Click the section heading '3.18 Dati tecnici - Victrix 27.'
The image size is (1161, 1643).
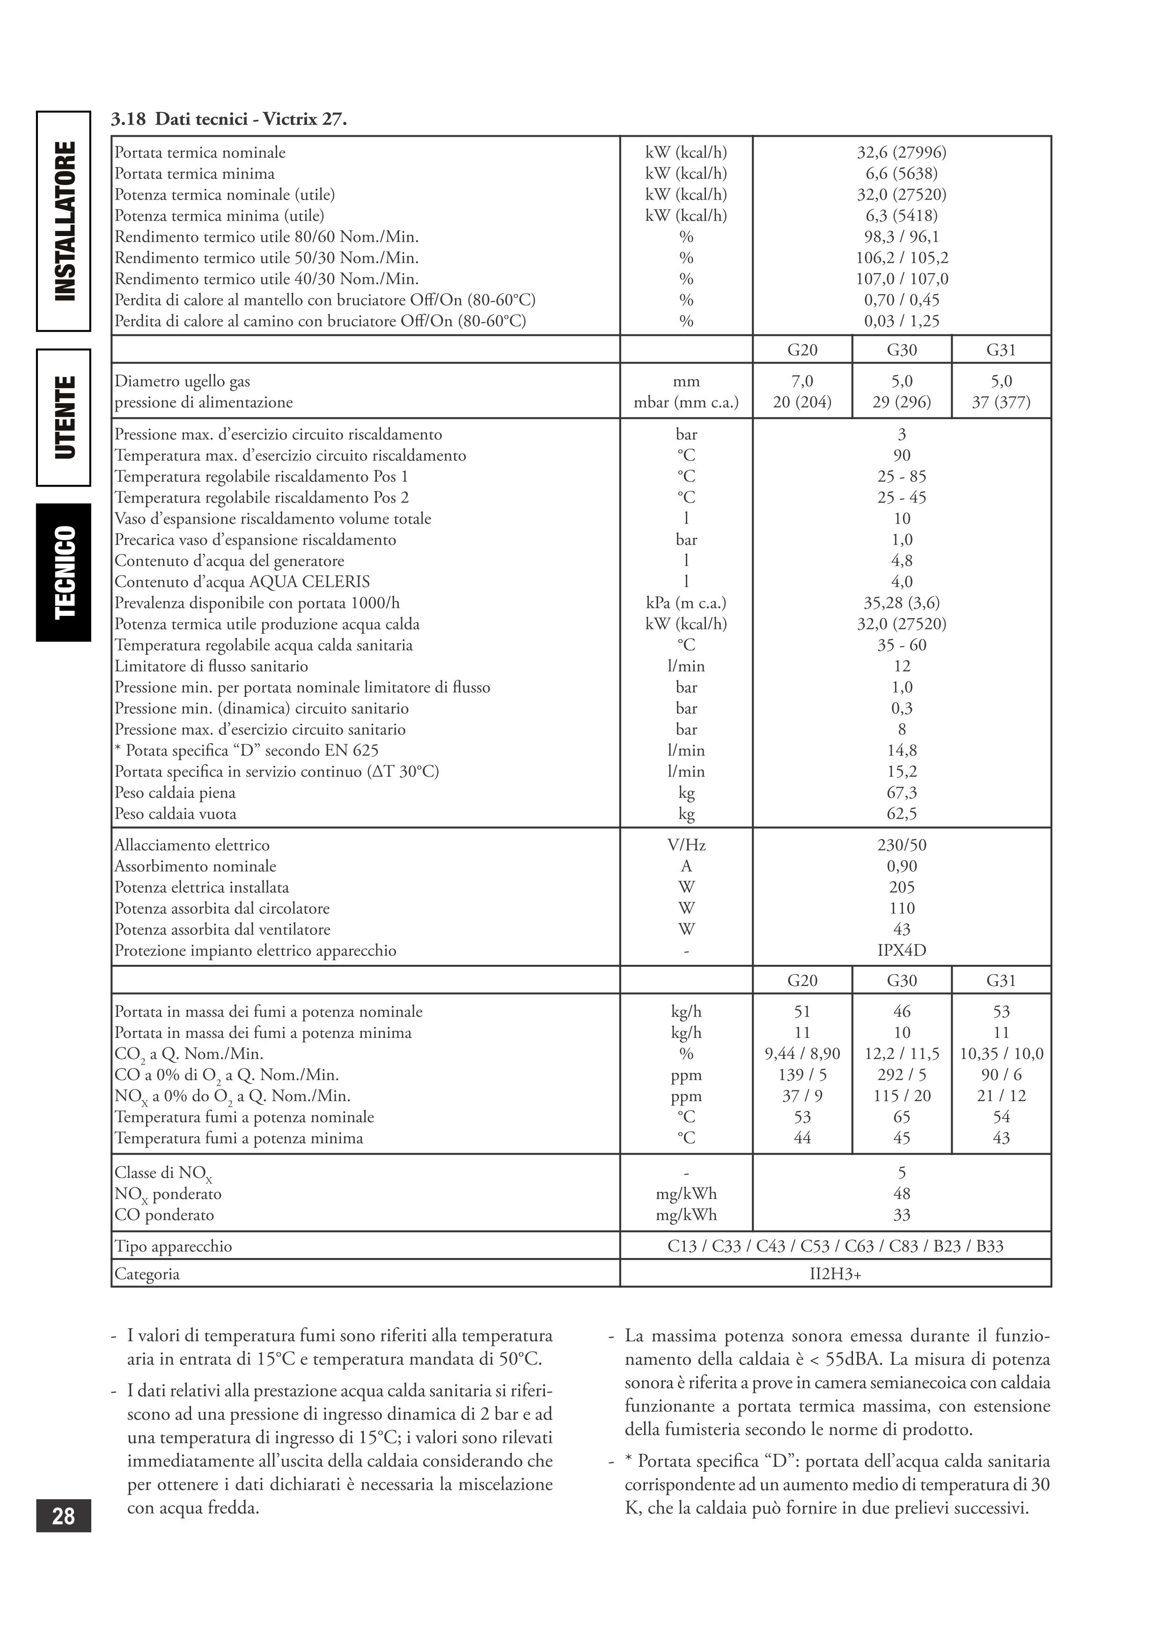tap(229, 119)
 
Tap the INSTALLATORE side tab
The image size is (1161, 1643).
tap(64, 221)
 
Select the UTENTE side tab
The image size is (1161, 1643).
tap(64, 417)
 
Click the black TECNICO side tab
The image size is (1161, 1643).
tap(64, 572)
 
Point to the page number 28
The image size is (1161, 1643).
tap(64, 1516)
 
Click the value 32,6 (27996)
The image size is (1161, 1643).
tap(901, 152)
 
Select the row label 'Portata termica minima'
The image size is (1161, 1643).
tap(195, 174)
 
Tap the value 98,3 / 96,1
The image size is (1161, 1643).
tap(901, 237)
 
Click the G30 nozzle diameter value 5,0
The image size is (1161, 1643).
tap(901, 381)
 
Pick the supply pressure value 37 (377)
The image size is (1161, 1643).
tap(1001, 402)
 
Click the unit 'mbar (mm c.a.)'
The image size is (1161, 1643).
tap(685, 402)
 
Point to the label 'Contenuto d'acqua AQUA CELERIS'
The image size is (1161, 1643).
tap(242, 582)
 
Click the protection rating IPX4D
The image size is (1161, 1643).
tap(901, 950)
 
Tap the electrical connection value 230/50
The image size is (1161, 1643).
tap(901, 845)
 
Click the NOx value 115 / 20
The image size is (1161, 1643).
tap(901, 1095)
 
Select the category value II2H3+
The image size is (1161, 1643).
tap(835, 1274)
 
